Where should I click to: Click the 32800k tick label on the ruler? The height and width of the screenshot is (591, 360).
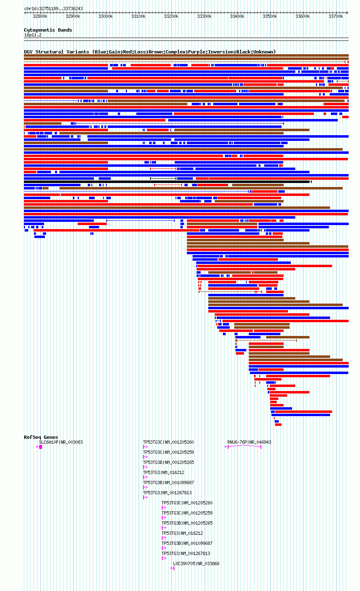pos(40,16)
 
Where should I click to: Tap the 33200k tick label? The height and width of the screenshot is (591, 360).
pos(171,16)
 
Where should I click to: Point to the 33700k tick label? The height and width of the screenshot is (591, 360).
pos(336,16)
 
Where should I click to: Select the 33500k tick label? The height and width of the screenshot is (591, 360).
pos(270,16)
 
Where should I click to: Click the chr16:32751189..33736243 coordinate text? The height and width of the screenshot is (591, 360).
pos(53,9)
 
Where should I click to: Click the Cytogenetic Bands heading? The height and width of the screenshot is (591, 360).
pos(48,30)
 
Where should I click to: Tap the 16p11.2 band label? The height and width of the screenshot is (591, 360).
pos(33,35)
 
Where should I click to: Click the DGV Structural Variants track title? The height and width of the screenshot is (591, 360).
pos(150,52)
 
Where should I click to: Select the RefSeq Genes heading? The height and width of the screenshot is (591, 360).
pos(41,437)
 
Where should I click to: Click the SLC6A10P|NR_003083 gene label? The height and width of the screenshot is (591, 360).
pos(61,442)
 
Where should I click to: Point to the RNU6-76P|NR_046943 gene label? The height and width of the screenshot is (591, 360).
pos(249,442)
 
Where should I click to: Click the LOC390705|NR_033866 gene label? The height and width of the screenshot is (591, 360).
pos(196,563)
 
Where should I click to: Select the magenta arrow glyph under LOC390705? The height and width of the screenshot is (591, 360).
pos(172,568)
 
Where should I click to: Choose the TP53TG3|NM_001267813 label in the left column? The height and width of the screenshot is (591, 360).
pos(167,493)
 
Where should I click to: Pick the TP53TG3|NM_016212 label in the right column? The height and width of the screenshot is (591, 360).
pos(182,533)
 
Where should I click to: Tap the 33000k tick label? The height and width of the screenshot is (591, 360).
pos(106,16)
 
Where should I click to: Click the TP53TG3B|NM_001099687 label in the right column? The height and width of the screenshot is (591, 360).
pos(187,543)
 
